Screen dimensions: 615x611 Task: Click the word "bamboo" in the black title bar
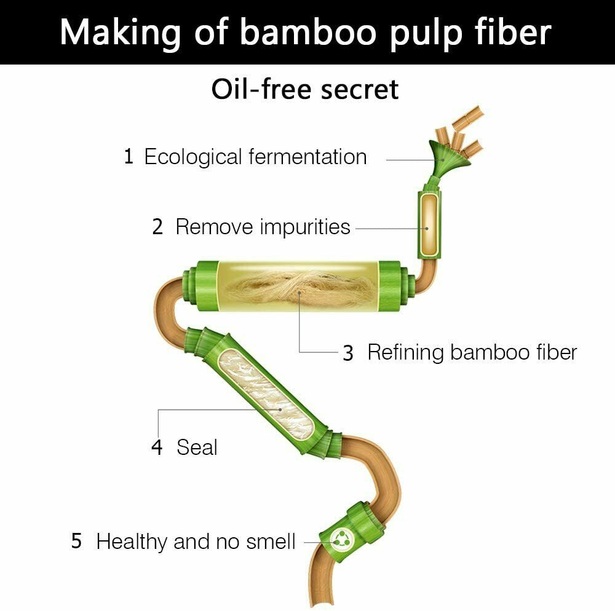tap(308, 33)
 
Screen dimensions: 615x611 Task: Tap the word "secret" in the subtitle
tap(360, 90)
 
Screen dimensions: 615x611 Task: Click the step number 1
tap(129, 156)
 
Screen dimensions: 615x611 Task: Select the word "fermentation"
tap(308, 157)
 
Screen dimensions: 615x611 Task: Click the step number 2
tap(157, 227)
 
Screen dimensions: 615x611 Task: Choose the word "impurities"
tap(305, 227)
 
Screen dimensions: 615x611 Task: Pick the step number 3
tap(348, 352)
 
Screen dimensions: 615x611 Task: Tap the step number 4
tap(157, 447)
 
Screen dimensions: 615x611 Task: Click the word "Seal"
tap(197, 447)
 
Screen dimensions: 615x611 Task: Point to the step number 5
tap(76, 542)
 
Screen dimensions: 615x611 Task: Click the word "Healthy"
tap(132, 542)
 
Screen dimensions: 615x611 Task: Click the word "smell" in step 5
tap(271, 542)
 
